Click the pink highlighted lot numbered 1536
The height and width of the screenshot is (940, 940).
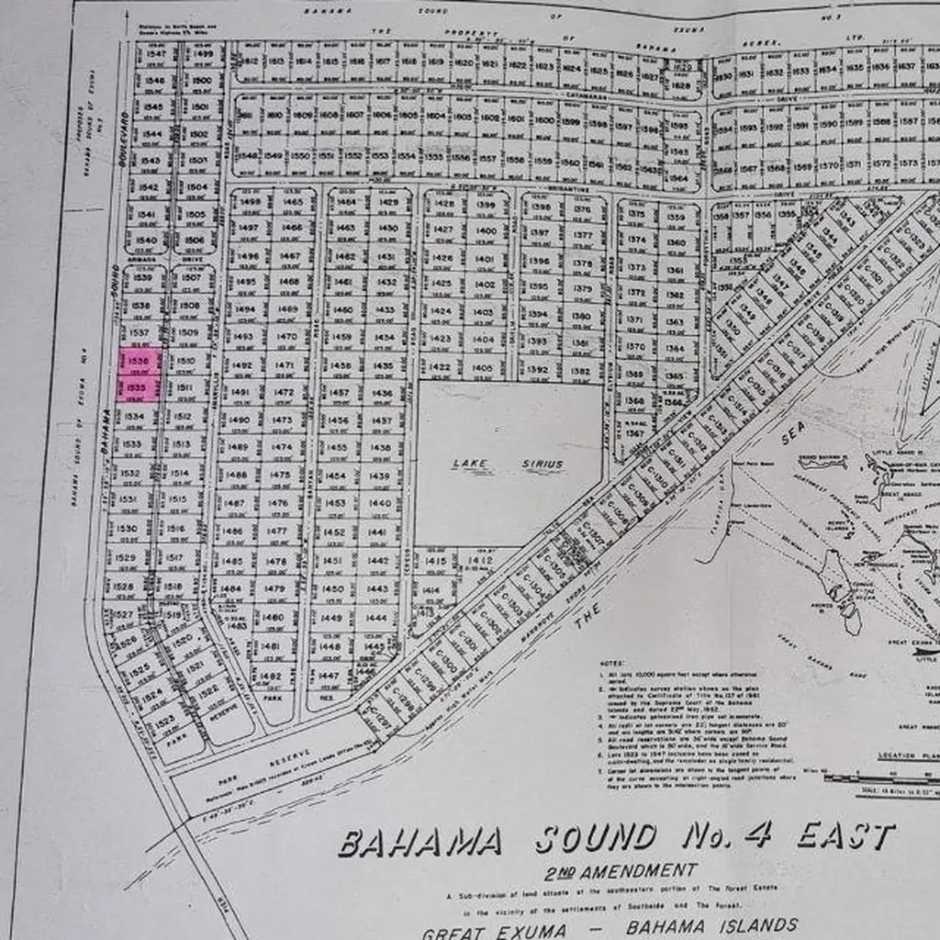pyautogui.click(x=140, y=362)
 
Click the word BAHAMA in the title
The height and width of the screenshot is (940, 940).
pyautogui.click(x=420, y=840)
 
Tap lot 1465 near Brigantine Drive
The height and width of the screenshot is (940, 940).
pyautogui.click(x=292, y=202)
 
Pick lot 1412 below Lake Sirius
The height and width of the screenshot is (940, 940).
pyautogui.click(x=474, y=560)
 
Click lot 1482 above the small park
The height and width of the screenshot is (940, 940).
pyautogui.click(x=270, y=677)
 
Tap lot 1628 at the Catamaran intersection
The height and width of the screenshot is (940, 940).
pyautogui.click(x=680, y=84)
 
